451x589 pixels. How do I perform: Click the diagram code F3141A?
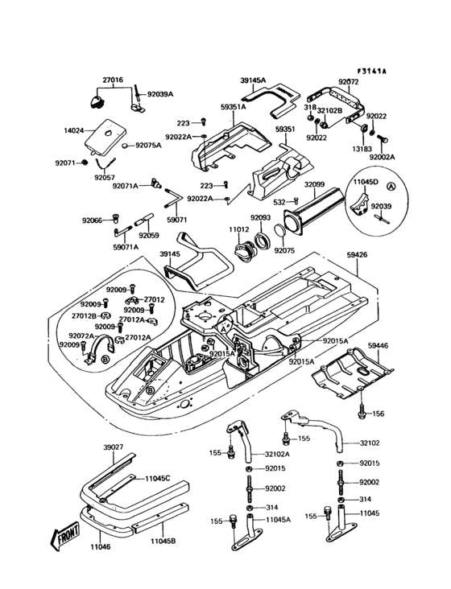(371, 71)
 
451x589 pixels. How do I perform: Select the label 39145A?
(253, 80)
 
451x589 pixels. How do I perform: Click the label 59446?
(378, 345)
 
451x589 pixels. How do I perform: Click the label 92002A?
(383, 158)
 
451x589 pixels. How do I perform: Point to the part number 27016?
(112, 80)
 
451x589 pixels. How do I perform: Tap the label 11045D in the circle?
(365, 183)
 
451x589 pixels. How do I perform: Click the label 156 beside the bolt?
(378, 414)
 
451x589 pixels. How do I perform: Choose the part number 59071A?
(125, 247)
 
